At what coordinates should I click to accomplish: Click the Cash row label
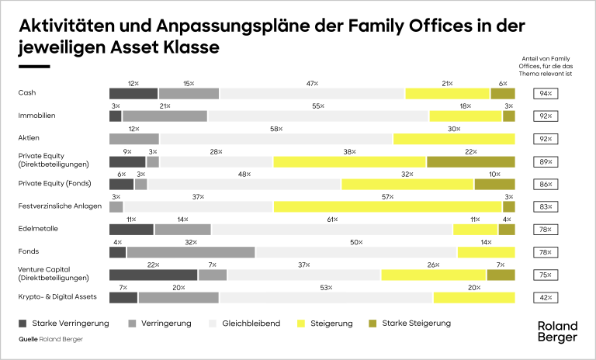(x=26, y=93)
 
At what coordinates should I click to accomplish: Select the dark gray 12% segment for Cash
(x=133, y=93)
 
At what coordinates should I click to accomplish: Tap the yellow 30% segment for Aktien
(x=454, y=139)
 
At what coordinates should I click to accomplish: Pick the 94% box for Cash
(x=545, y=93)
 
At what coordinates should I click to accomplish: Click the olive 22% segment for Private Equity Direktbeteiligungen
(x=470, y=161)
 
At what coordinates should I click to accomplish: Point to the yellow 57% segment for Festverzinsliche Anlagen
(x=387, y=207)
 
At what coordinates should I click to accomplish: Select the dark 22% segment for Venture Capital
(x=153, y=275)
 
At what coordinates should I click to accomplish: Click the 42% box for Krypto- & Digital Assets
(x=545, y=298)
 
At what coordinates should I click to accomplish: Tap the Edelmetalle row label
(x=37, y=230)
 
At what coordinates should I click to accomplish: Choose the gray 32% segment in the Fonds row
(x=190, y=252)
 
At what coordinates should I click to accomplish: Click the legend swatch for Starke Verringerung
(x=23, y=322)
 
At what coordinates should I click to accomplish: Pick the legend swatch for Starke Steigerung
(x=370, y=322)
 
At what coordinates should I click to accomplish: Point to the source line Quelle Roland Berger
(x=50, y=339)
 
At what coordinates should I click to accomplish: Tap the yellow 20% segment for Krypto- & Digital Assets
(x=474, y=298)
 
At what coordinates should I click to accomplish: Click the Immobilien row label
(x=36, y=116)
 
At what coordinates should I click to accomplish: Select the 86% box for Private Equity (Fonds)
(x=545, y=185)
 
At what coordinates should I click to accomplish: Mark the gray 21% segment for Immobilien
(x=165, y=116)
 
